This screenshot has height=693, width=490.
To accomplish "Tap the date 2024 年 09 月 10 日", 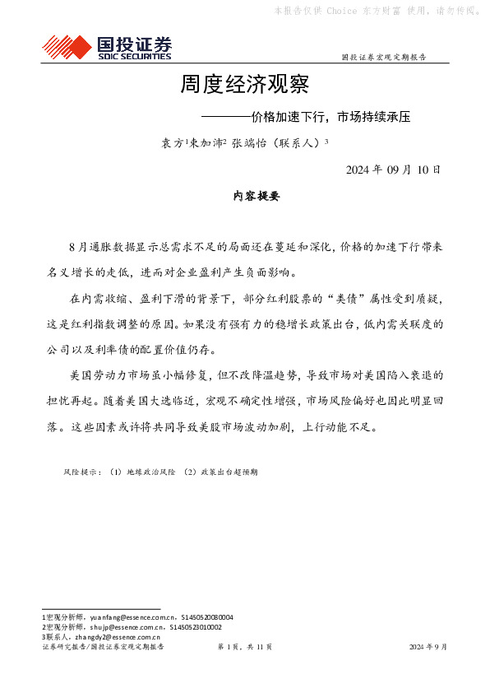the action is (393, 170).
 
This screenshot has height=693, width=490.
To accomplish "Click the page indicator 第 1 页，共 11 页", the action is (244, 647).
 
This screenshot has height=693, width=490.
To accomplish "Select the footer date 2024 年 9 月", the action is (428, 647).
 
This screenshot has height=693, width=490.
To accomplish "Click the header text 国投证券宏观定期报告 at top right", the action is (383, 58).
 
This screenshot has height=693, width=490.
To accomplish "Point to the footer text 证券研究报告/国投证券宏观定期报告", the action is (103, 647).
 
